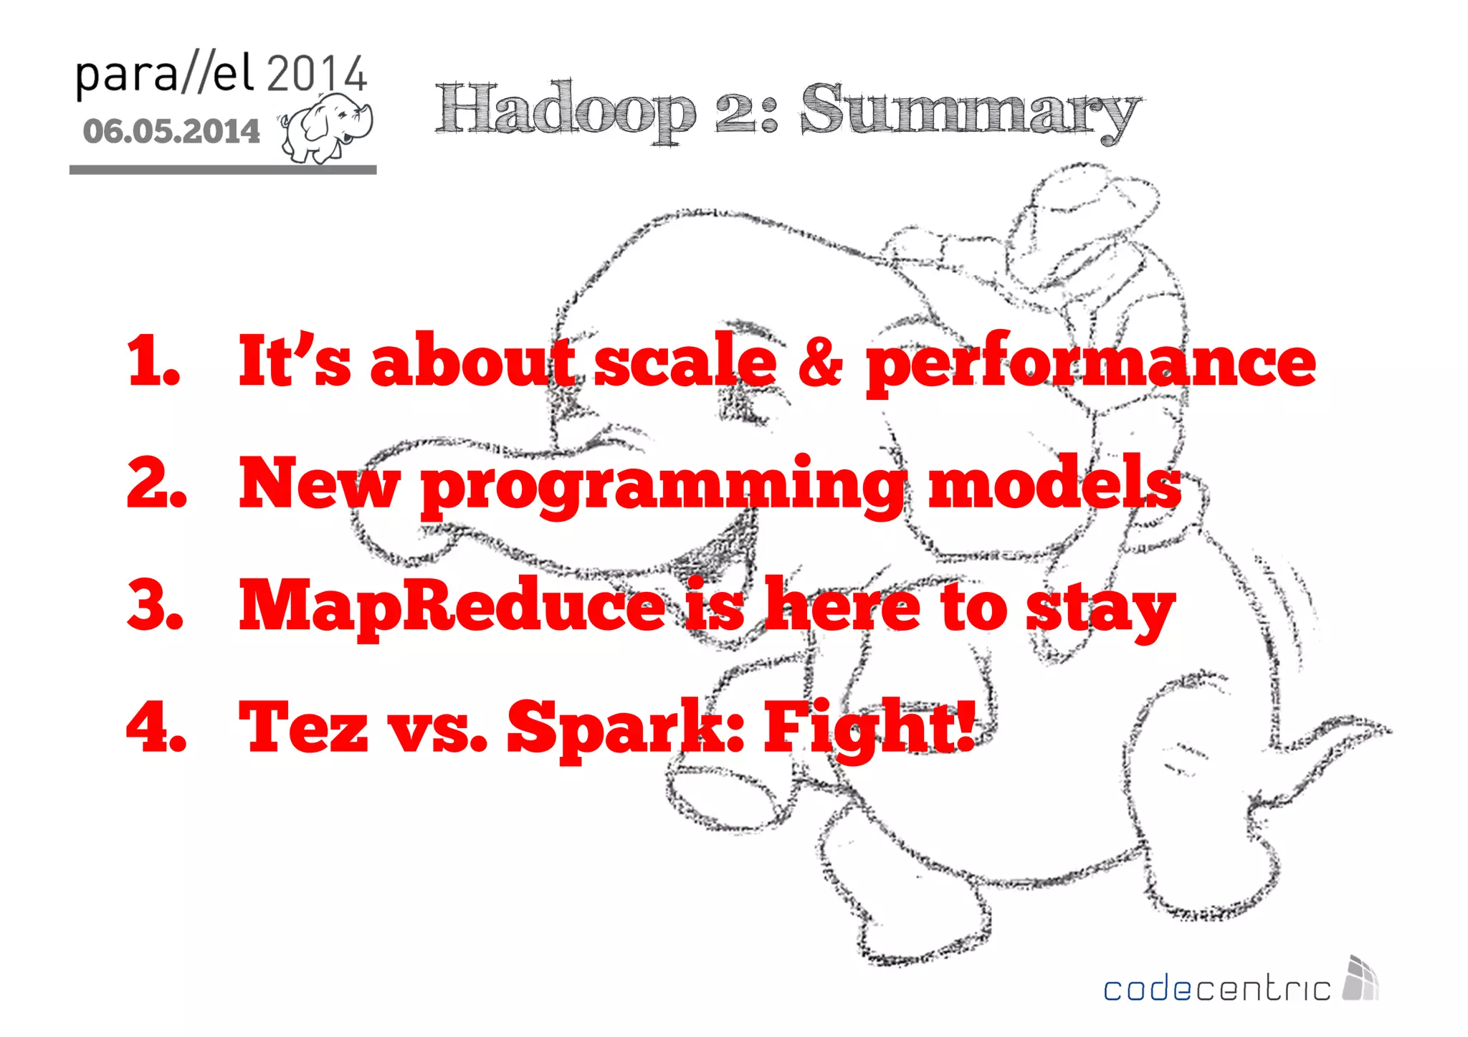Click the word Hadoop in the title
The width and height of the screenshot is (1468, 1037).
coord(565,111)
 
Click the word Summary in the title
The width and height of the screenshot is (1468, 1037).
coord(970,111)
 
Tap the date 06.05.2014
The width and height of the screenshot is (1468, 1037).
coord(171,131)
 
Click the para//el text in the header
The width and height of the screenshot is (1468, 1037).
coord(165,75)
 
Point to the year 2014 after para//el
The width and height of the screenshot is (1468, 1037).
coord(316,73)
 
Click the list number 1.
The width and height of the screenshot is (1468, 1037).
coord(152,360)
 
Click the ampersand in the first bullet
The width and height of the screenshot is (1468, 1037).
coord(820,360)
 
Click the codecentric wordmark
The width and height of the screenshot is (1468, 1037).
coord(1216,989)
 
